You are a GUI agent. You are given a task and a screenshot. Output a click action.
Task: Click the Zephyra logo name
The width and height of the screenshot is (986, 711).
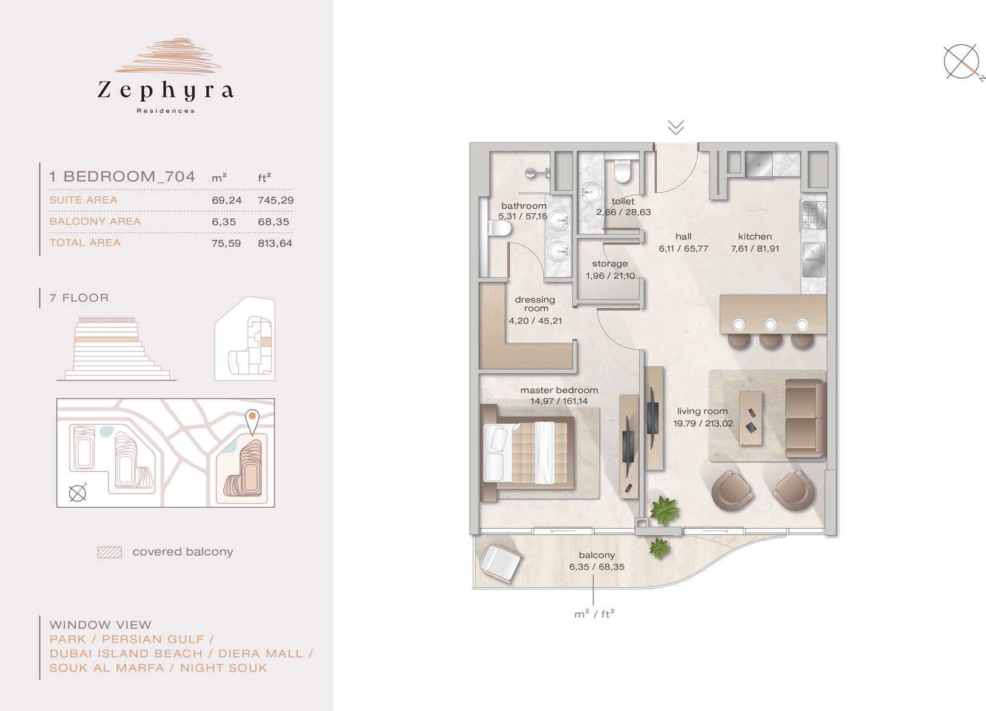pyautogui.click(x=166, y=90)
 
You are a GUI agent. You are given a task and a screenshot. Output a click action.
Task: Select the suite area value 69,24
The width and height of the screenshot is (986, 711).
pyautogui.click(x=227, y=200)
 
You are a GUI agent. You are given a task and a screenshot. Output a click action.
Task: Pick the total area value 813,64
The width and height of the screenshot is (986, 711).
pyautogui.click(x=275, y=243)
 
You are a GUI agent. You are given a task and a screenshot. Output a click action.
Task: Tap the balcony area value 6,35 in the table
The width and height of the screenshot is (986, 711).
pyautogui.click(x=224, y=222)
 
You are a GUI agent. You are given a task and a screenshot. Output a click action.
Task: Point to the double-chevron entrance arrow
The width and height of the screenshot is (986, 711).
pyautogui.click(x=676, y=127)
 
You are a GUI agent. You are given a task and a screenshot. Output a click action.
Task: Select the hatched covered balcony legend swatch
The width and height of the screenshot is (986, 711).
pyautogui.click(x=110, y=552)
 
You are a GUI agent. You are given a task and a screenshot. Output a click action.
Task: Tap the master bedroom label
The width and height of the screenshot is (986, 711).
pyautogui.click(x=559, y=390)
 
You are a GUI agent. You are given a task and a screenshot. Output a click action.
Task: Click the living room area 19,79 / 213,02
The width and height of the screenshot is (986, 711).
pyautogui.click(x=703, y=424)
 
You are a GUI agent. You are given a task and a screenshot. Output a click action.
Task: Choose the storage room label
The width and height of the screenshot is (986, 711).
pyautogui.click(x=610, y=264)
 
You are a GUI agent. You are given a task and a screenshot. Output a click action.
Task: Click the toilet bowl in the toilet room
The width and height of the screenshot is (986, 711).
pyautogui.click(x=622, y=172)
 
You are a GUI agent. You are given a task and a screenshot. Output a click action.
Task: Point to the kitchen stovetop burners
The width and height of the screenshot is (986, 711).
pyautogui.click(x=813, y=215)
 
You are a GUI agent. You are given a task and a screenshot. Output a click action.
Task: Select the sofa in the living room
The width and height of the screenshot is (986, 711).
pyautogui.click(x=805, y=419)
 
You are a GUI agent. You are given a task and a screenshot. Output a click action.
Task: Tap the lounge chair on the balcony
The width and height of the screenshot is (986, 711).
pyautogui.click(x=500, y=564)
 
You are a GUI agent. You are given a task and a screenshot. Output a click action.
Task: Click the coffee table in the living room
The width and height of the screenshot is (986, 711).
pyautogui.click(x=751, y=418)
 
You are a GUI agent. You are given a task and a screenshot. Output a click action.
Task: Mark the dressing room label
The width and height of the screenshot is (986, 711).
pyautogui.click(x=535, y=304)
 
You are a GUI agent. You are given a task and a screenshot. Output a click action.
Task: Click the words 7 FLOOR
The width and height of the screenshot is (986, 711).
pyautogui.click(x=79, y=298)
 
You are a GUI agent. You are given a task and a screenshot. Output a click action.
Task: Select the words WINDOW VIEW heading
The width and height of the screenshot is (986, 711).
pyautogui.click(x=101, y=625)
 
